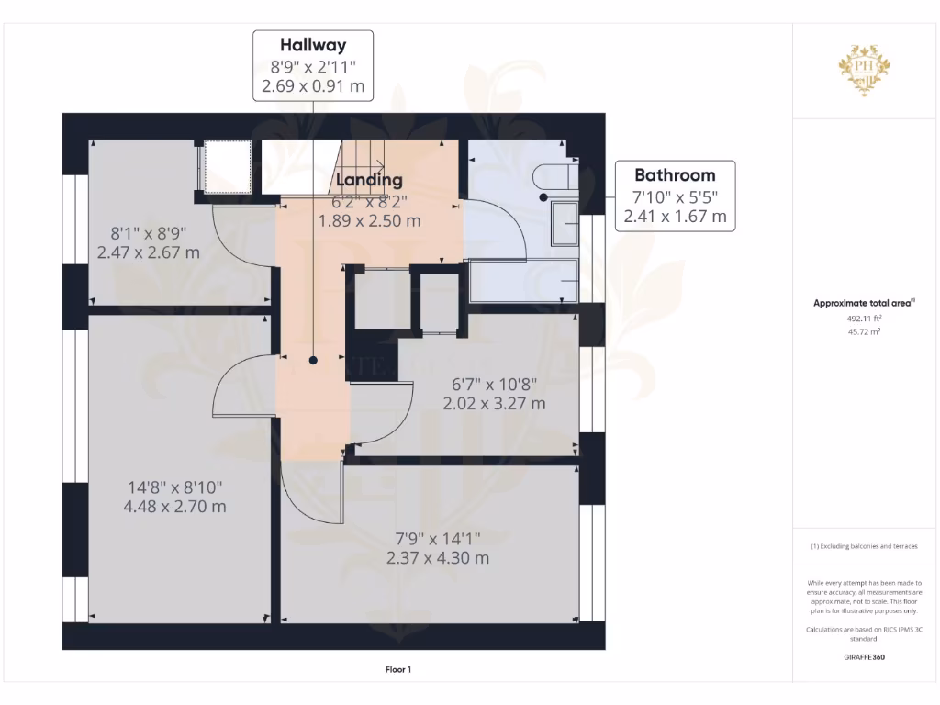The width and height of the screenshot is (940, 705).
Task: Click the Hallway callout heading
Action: (x=313, y=44)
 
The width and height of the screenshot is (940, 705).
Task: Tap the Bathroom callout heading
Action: (x=675, y=174)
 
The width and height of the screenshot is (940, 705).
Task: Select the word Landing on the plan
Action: (x=368, y=180)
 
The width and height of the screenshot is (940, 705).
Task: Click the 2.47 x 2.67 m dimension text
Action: (x=149, y=252)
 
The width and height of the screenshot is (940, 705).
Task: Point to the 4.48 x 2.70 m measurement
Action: (x=174, y=506)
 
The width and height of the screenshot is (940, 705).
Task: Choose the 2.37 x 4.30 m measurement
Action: (x=438, y=557)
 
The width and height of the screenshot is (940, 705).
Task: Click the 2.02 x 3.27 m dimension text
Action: (x=494, y=403)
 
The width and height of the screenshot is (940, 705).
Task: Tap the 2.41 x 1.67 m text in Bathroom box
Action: (x=675, y=217)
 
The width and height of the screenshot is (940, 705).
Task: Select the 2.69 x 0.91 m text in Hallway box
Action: (x=313, y=87)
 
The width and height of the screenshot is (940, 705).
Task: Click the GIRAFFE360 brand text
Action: (x=864, y=657)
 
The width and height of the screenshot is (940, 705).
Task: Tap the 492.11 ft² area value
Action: (x=864, y=318)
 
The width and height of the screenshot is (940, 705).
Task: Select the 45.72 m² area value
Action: (x=864, y=331)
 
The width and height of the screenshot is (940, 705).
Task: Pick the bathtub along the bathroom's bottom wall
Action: (x=523, y=281)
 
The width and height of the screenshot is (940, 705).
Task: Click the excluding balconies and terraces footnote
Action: (x=864, y=546)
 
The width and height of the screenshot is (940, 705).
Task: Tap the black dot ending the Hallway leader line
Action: (x=314, y=361)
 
